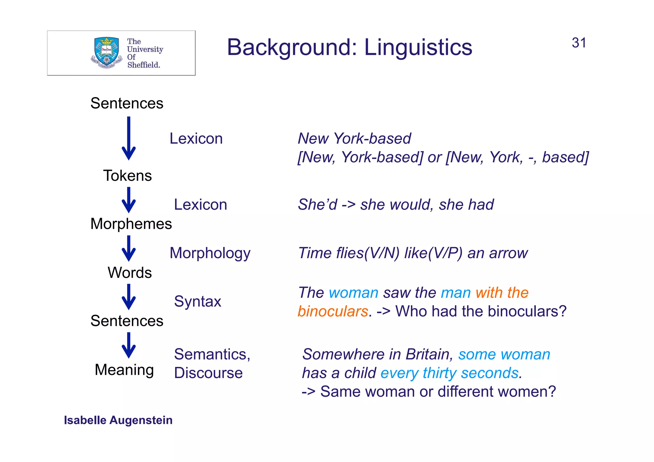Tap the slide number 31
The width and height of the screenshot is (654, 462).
pyautogui.click(x=579, y=43)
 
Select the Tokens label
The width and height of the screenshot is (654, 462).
pyautogui.click(x=127, y=176)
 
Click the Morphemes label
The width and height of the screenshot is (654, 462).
pyautogui.click(x=131, y=224)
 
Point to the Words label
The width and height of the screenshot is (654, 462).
pyautogui.click(x=129, y=273)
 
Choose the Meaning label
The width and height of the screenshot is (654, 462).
pyautogui.click(x=124, y=370)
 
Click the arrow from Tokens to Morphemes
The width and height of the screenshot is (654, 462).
pyautogui.click(x=129, y=200)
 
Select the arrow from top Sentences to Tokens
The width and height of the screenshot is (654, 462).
pyautogui.click(x=129, y=138)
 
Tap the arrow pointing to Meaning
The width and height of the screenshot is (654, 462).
pyautogui.click(x=129, y=345)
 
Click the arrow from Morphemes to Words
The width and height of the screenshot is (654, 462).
pyautogui.click(x=129, y=248)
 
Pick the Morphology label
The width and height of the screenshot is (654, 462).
pyautogui.click(x=210, y=253)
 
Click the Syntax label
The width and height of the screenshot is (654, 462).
pyautogui.click(x=197, y=301)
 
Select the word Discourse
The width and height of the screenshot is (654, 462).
pyautogui.click(x=208, y=373)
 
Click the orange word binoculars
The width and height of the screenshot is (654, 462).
pyautogui.click(x=333, y=311)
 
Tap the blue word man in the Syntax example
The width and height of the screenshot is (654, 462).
pyautogui.click(x=456, y=293)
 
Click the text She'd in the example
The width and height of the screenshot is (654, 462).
pyautogui.click(x=317, y=205)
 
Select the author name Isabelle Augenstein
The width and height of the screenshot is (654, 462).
pyautogui.click(x=118, y=420)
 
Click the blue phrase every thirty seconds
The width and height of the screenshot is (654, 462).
pyautogui.click(x=451, y=373)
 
